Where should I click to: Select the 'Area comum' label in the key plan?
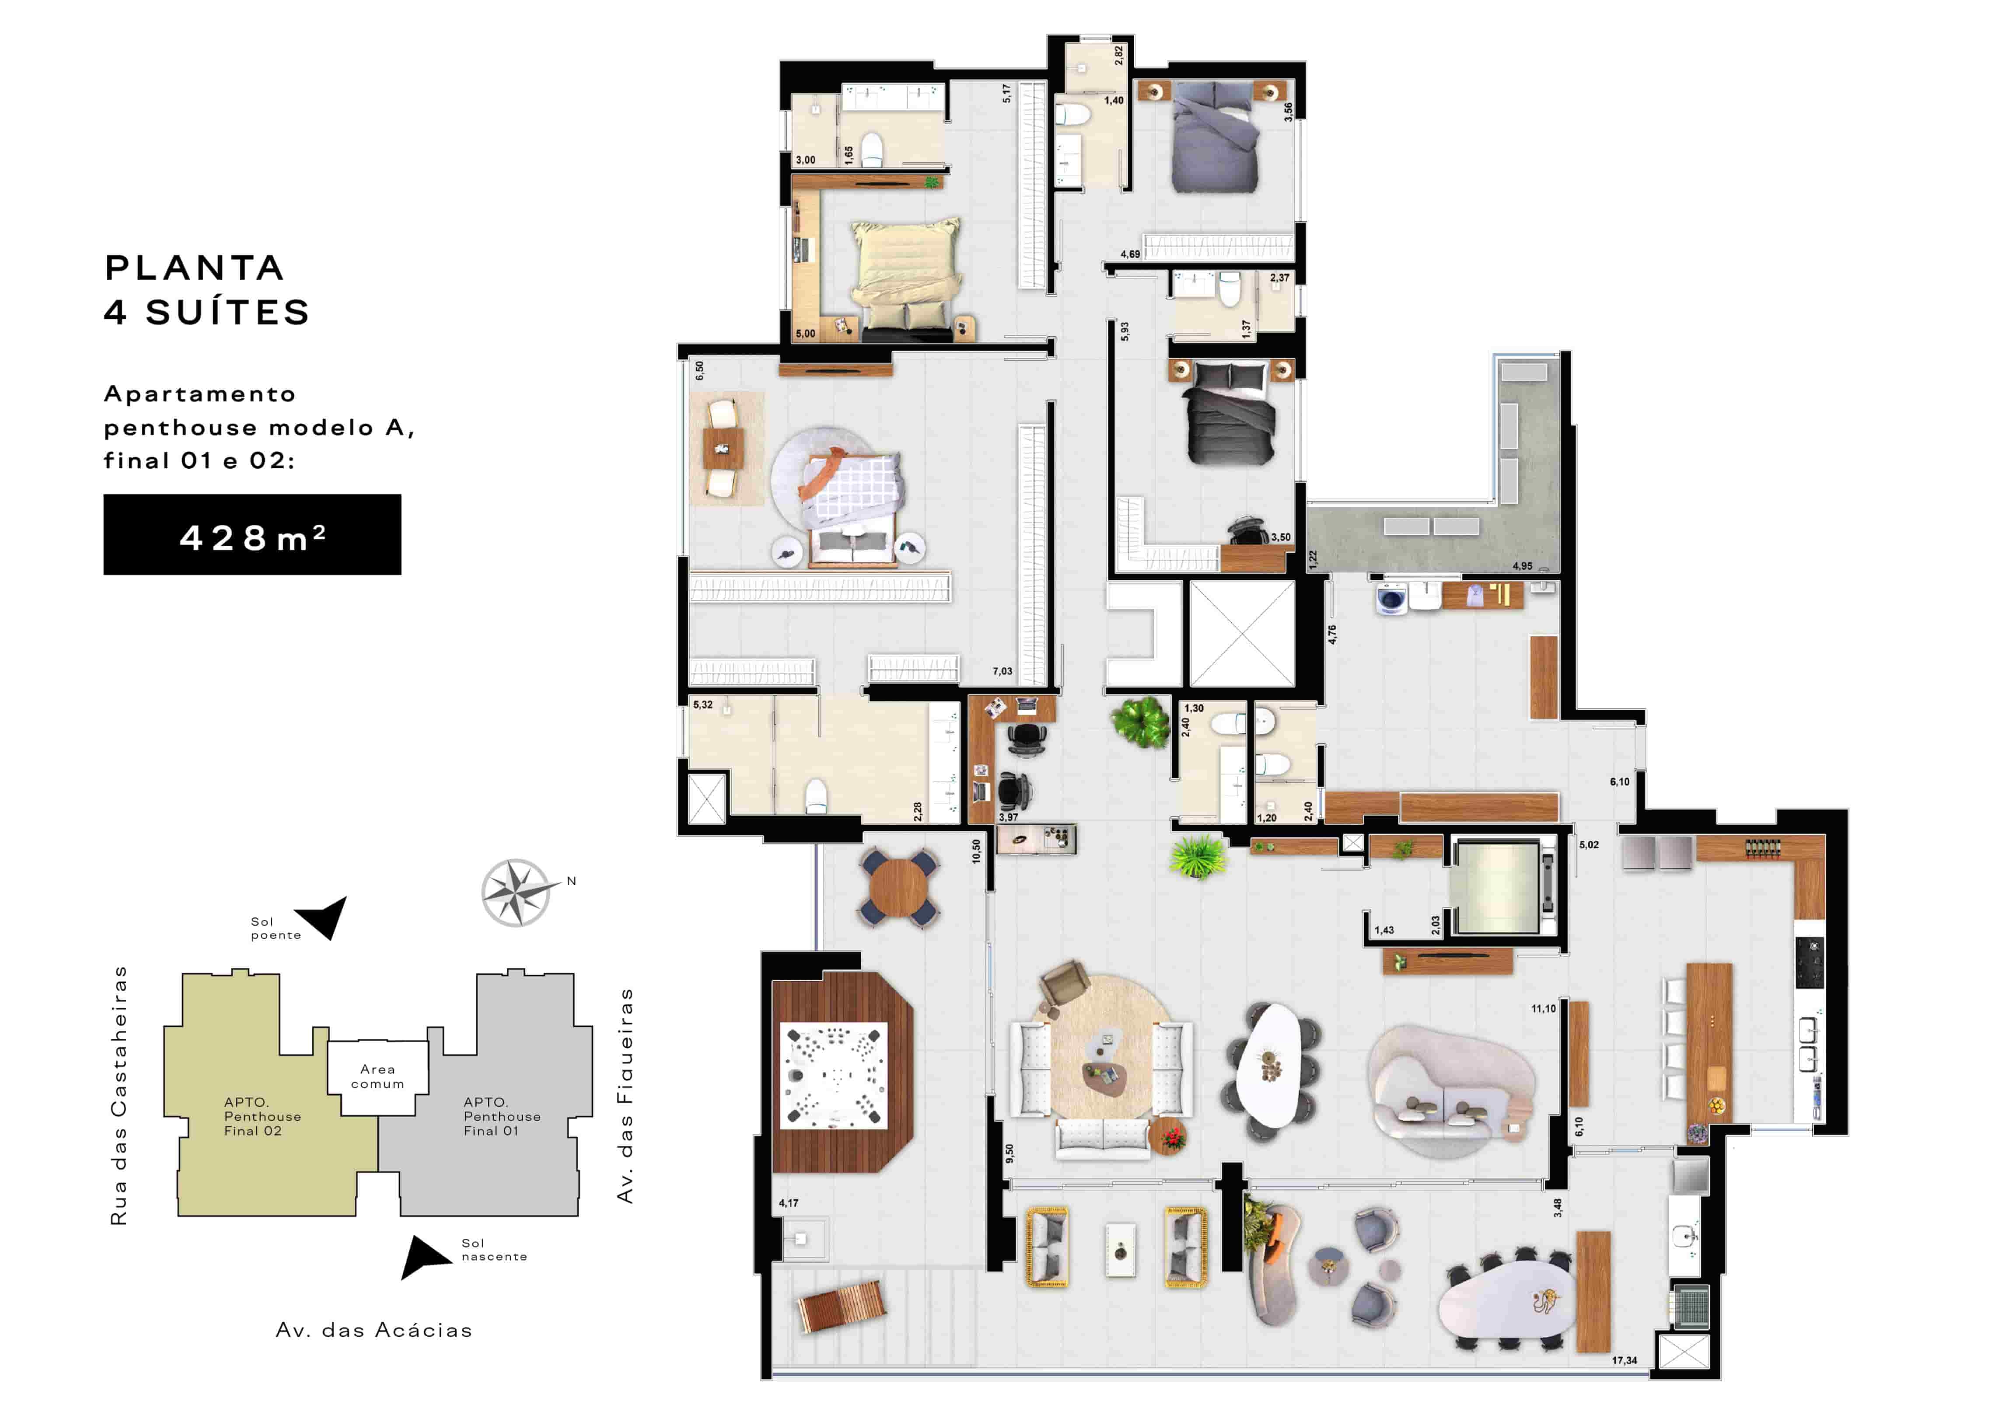(x=377, y=1076)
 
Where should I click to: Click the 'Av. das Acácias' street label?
(x=374, y=1330)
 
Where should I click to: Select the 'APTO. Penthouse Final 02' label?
(x=262, y=1116)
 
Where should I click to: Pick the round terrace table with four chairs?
(x=900, y=887)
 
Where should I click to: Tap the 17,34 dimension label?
(x=1624, y=1360)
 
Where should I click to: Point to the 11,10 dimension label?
(x=1544, y=1009)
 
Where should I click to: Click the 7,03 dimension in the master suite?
(x=1002, y=672)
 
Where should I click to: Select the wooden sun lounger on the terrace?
(x=841, y=1307)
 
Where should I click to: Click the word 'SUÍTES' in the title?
(x=228, y=312)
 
